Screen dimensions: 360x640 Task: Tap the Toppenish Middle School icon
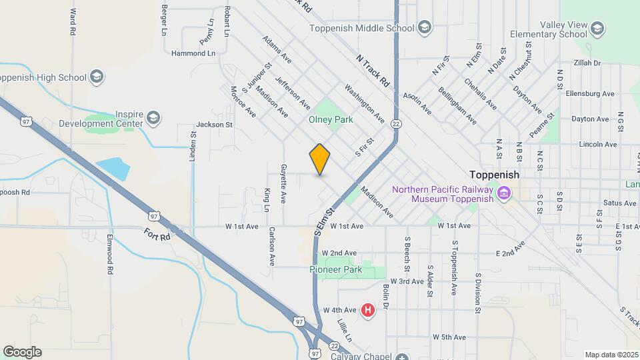(425, 28)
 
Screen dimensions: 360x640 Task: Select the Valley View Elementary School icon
(597, 29)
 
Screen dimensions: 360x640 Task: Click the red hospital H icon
(367, 310)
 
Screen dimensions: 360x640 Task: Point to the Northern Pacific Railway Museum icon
(503, 194)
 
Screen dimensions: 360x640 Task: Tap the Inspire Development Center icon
(154, 118)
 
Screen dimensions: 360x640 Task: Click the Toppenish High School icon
(97, 77)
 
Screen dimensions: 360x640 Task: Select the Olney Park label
(330, 120)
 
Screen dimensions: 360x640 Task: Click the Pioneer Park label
(335, 270)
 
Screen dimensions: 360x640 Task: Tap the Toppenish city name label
(494, 174)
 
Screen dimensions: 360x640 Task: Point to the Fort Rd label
(157, 235)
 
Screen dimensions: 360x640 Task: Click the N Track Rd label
(373, 71)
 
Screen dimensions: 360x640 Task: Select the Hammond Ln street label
(193, 53)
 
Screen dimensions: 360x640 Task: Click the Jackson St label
(214, 125)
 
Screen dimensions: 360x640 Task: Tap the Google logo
(22, 352)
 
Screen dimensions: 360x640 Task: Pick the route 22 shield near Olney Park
(396, 124)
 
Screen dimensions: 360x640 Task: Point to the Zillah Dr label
(587, 63)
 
